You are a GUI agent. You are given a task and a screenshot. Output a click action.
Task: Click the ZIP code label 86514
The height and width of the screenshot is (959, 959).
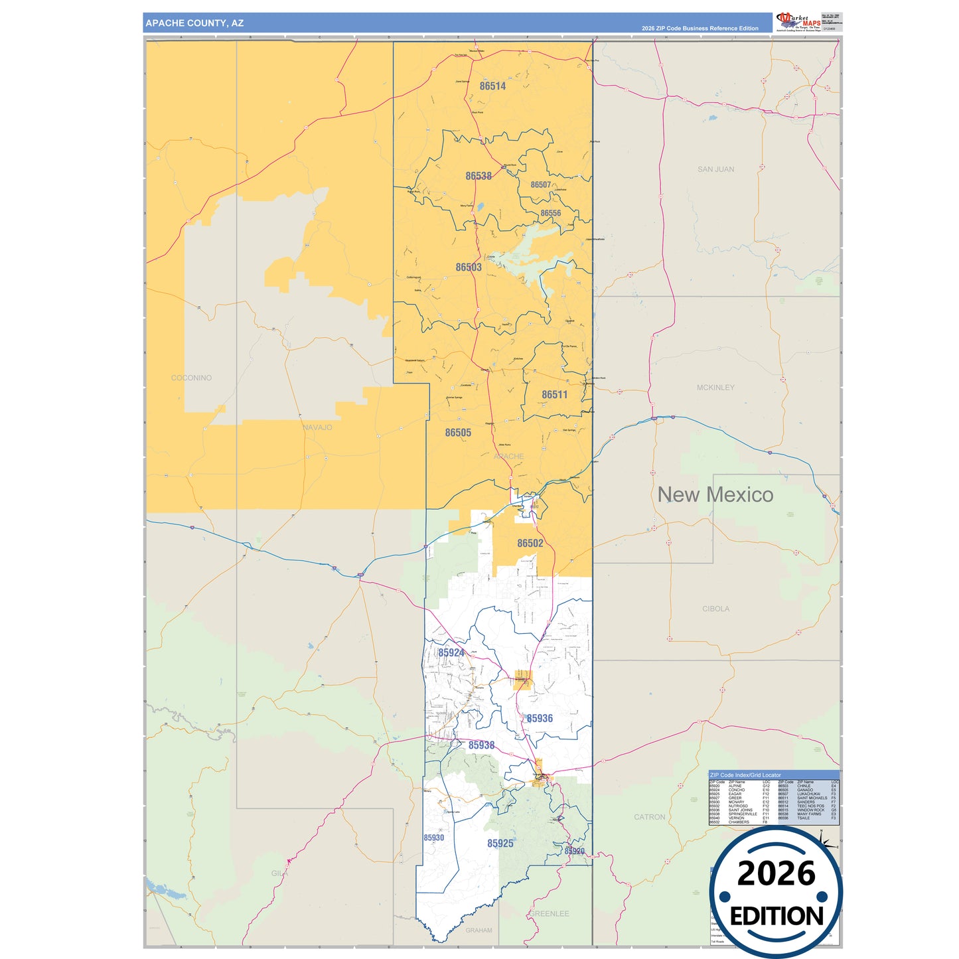(x=492, y=86)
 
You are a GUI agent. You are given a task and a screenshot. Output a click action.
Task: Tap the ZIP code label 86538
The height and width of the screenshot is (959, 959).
(x=479, y=177)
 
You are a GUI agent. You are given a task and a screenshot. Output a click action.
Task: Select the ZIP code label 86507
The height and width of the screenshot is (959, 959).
(x=541, y=185)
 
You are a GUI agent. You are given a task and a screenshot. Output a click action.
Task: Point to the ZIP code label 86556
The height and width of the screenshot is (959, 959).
(x=551, y=214)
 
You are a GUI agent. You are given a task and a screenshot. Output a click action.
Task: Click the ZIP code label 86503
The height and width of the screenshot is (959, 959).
(x=469, y=267)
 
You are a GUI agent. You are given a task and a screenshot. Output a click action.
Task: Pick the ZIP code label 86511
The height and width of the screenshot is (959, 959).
(x=554, y=395)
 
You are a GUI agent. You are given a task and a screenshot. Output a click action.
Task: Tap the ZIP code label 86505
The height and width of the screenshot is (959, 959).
(x=458, y=433)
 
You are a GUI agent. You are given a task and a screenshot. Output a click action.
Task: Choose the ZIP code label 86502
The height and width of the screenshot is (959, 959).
(x=530, y=544)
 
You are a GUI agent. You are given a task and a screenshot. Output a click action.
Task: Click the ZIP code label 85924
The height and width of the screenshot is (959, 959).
(x=451, y=653)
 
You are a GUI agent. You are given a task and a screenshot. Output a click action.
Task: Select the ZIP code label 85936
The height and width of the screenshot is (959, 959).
(x=540, y=719)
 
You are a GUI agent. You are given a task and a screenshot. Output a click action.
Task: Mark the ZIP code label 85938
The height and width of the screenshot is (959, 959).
(x=481, y=745)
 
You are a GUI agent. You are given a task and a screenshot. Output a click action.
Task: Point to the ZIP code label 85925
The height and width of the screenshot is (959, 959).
(x=500, y=844)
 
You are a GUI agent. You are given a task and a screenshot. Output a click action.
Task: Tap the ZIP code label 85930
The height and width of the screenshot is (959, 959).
(x=434, y=838)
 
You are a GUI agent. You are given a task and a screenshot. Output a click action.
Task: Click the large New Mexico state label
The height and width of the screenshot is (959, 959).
(x=715, y=495)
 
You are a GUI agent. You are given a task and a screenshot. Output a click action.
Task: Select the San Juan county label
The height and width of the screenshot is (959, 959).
(x=715, y=170)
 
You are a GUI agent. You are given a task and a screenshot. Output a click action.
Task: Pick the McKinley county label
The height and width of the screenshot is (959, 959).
(x=715, y=388)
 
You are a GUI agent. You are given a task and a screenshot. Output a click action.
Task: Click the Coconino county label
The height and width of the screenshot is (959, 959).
(x=191, y=378)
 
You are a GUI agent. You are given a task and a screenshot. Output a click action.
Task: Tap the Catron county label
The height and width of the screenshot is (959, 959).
(x=649, y=818)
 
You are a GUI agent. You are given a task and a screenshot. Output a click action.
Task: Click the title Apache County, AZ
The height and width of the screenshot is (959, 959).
(x=194, y=23)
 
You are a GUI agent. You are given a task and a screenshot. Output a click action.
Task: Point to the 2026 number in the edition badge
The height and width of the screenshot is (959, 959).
(x=776, y=874)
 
